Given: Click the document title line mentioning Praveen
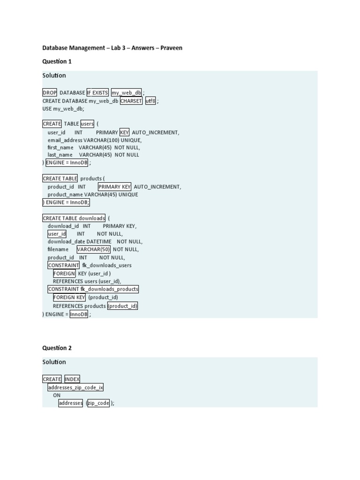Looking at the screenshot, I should click(x=112, y=48).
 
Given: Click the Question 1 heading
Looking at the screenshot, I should click(x=57, y=61).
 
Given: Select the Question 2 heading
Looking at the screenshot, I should click(x=57, y=348).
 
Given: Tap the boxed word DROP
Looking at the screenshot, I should click(x=50, y=93).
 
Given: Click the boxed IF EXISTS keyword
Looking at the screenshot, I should click(x=97, y=93).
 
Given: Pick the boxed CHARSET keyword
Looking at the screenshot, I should click(x=131, y=101).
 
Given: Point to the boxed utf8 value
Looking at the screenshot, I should click(x=150, y=101).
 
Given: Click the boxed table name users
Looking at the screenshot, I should click(x=88, y=124).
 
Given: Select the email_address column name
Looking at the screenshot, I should click(x=65, y=140).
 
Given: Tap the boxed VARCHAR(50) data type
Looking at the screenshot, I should click(x=93, y=249).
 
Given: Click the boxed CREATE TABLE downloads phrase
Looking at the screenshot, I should click(x=74, y=218).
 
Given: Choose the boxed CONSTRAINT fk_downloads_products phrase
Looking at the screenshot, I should click(x=93, y=289).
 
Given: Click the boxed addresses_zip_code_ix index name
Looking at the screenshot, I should click(x=75, y=387).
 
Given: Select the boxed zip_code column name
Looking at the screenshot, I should click(x=98, y=403).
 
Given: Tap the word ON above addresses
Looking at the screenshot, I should click(x=57, y=395).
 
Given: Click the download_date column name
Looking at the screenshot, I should click(x=67, y=241).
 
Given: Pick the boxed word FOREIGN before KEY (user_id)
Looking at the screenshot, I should click(x=64, y=273).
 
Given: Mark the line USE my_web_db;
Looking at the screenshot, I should click(x=63, y=109).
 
